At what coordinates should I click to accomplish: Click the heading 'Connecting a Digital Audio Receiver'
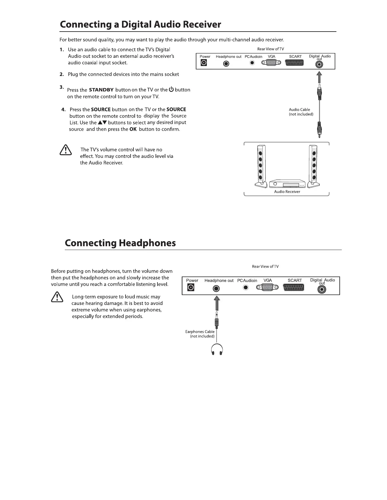(x=140, y=24)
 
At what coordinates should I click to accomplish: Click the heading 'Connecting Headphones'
(x=120, y=243)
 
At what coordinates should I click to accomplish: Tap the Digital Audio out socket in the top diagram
(x=320, y=64)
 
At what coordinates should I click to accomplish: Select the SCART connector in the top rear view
(x=294, y=63)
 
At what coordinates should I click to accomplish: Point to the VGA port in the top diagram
(x=271, y=63)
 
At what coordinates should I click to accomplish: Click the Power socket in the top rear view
(x=204, y=63)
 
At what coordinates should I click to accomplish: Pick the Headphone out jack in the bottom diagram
(x=216, y=288)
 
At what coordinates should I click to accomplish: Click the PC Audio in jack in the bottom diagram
(x=246, y=288)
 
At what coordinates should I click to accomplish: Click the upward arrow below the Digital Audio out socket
(x=320, y=77)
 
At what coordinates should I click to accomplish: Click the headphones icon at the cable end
(x=217, y=349)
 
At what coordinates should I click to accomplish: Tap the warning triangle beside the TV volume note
(x=65, y=150)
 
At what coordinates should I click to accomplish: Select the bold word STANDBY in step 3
(x=101, y=90)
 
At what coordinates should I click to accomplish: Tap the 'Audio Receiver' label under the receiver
(x=287, y=192)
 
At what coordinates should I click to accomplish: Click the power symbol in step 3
(x=171, y=89)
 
